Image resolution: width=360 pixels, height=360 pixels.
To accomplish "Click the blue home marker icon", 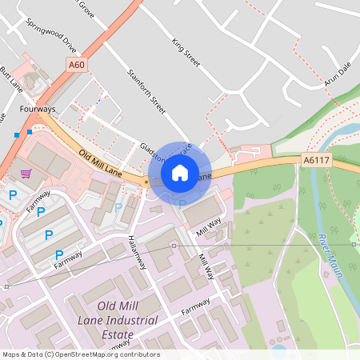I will [x=180, y=172].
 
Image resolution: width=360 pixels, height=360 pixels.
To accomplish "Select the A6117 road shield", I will [x=315, y=161].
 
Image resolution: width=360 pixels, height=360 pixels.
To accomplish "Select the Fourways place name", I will [x=38, y=109].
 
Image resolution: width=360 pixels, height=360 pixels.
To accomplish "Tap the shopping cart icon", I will [x=26, y=172].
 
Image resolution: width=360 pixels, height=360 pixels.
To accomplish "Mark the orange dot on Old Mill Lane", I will [x=146, y=182].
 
